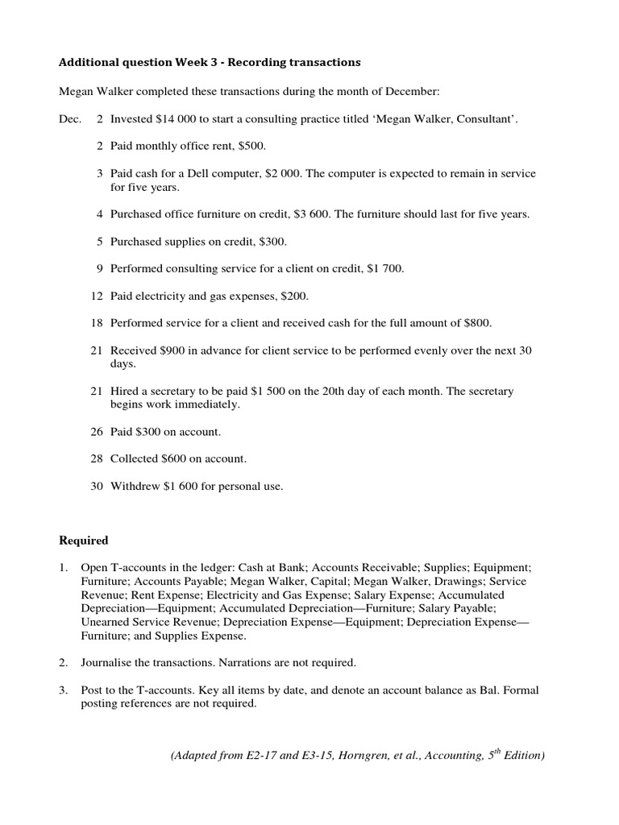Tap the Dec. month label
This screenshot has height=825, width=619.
pyautogui.click(x=70, y=119)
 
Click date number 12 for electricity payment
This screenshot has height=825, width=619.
pyautogui.click(x=96, y=296)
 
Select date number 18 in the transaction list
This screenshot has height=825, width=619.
pyautogui.click(x=96, y=323)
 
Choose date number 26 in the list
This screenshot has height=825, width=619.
pyautogui.click(x=96, y=432)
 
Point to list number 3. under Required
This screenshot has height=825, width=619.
pyautogui.click(x=64, y=690)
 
